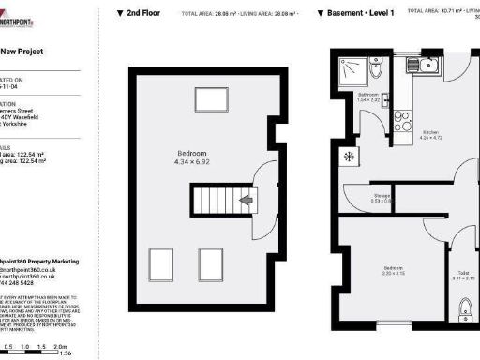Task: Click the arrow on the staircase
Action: pyautogui.click(x=247, y=200)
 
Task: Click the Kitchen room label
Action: pyautogui.click(x=429, y=135)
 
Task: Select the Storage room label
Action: pyautogui.click(x=356, y=197)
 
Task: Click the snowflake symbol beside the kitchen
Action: pyautogui.click(x=349, y=156)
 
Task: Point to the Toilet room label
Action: pyautogui.click(x=463, y=277)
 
